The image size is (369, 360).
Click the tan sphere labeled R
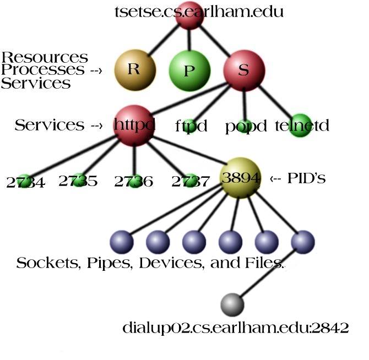[135, 69]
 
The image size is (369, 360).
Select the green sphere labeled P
[189, 72]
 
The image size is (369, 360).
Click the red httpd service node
[134, 126]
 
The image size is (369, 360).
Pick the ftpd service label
[191, 126]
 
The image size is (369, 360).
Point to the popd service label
[246, 126]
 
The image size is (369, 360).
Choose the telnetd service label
[302, 126]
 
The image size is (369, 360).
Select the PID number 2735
[78, 181]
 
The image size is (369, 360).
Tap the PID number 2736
[134, 182]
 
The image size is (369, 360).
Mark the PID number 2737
[190, 182]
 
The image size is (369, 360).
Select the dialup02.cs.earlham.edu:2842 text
[236, 329]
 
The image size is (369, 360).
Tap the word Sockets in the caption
[47, 263]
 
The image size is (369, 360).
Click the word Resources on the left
[45, 57]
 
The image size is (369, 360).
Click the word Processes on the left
[43, 70]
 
